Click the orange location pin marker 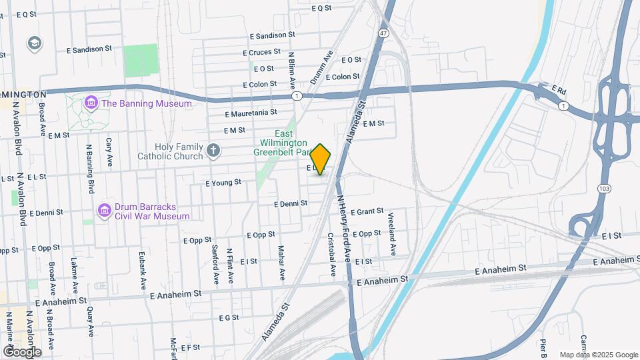click(x=321, y=159)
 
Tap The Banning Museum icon click(x=90, y=103)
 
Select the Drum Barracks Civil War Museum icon click(x=104, y=211)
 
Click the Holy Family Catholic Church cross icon click(x=213, y=151)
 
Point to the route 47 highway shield click(x=383, y=33)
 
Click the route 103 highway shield click(x=605, y=189)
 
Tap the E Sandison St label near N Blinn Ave click(x=272, y=35)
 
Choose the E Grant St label click(x=367, y=211)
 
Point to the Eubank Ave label click(x=143, y=268)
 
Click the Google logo click(x=22, y=351)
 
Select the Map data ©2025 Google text click(x=598, y=355)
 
